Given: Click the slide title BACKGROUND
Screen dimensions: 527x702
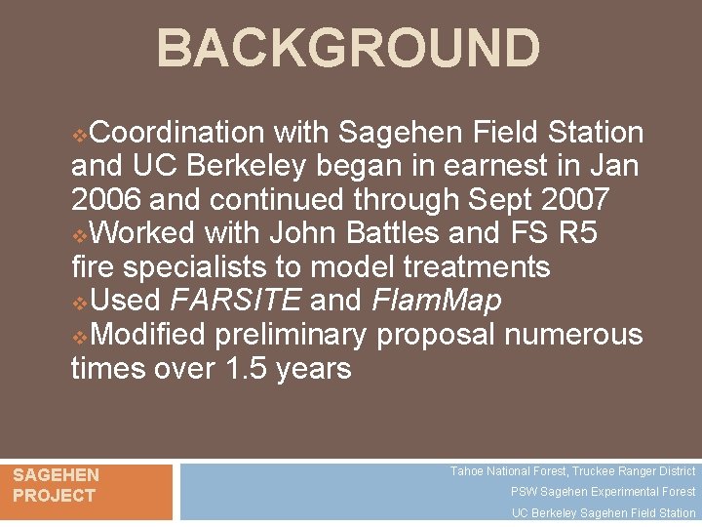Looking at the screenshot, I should tap(348, 48).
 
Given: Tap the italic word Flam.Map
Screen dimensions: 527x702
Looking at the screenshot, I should tap(437, 301).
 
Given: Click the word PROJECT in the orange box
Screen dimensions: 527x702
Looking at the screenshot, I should tap(54, 495).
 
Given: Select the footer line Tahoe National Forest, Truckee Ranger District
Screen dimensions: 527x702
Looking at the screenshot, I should tap(572, 471).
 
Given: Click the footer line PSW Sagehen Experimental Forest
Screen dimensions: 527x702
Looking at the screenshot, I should tap(603, 492).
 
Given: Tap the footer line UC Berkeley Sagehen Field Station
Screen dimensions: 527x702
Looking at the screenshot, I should tap(604, 513).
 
